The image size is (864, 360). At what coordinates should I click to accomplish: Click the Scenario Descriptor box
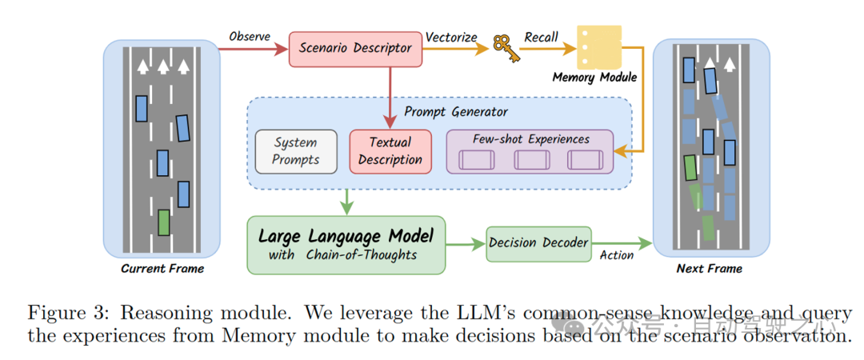(x=355, y=48)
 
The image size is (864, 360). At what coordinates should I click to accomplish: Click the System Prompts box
(x=296, y=150)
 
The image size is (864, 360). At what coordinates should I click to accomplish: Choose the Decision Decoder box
(x=538, y=242)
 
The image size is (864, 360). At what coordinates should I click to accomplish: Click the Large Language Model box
(x=346, y=244)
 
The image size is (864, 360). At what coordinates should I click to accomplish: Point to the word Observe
(x=250, y=37)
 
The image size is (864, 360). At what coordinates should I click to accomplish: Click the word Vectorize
(x=450, y=37)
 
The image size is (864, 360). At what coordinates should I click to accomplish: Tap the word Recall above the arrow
(x=542, y=37)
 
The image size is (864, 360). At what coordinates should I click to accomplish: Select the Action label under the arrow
(x=616, y=255)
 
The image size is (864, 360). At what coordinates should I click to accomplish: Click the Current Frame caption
(x=162, y=269)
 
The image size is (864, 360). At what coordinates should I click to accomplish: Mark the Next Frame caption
(x=709, y=269)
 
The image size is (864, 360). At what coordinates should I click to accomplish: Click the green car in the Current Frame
(x=164, y=222)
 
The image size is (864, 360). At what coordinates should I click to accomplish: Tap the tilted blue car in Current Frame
(x=183, y=129)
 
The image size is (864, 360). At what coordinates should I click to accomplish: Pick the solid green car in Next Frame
(x=690, y=168)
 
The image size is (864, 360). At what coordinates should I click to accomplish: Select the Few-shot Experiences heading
(x=530, y=139)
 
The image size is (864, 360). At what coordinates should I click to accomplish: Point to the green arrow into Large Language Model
(x=346, y=202)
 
